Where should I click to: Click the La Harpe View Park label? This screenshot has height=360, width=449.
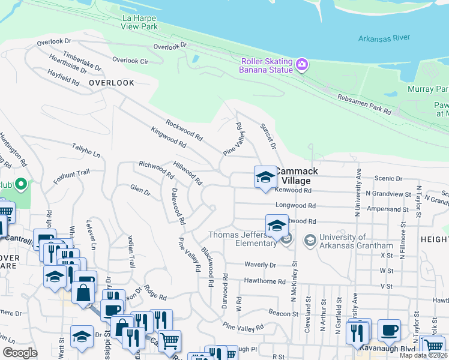(x=139, y=22)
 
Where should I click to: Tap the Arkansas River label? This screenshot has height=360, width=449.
(x=384, y=38)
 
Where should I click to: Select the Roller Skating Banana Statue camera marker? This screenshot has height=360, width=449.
(x=301, y=64)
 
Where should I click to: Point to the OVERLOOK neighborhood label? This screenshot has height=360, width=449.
(x=112, y=83)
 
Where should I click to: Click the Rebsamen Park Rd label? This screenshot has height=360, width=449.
(x=364, y=104)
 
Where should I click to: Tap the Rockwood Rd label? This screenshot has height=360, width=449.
(x=184, y=129)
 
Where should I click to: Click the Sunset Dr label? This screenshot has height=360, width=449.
(x=268, y=137)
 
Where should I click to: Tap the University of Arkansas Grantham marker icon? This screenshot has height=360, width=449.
(x=310, y=241)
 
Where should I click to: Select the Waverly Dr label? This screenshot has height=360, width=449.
(x=260, y=265)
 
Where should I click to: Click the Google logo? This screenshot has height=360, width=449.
(x=20, y=353)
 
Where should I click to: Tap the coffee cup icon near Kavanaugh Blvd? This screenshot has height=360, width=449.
(x=389, y=329)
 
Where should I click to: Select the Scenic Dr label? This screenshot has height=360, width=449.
(x=388, y=178)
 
